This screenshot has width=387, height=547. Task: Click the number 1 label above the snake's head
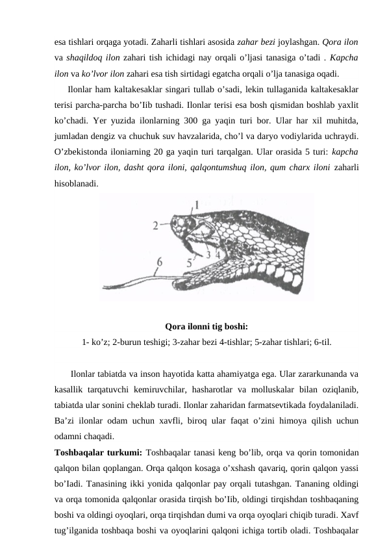[x=197, y=205]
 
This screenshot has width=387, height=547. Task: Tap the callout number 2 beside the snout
[x=155, y=226]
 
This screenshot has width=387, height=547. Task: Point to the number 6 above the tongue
[x=159, y=262]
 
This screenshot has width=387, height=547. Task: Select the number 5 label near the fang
[x=189, y=262]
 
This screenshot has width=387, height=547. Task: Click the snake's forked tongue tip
[x=105, y=287]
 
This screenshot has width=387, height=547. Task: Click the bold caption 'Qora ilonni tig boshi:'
[x=206, y=327]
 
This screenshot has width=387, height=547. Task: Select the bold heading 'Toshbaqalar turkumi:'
[x=98, y=452]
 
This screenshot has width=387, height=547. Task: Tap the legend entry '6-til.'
[x=323, y=342]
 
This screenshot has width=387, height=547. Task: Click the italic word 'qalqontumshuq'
[x=219, y=168]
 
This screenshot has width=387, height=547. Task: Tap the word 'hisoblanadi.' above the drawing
[x=77, y=183]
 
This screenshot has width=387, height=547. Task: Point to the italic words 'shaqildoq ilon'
[x=93, y=58]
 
